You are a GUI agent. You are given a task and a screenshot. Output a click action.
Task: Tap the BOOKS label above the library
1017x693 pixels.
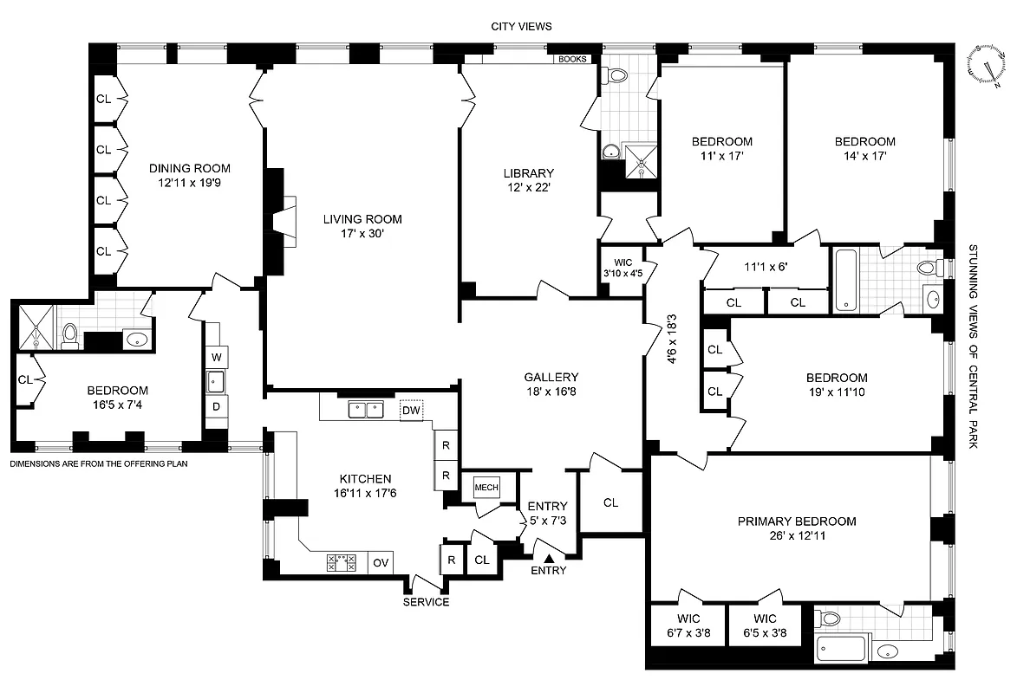coord(573,60)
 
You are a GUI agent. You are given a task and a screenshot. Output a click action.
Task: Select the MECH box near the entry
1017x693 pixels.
coord(486,488)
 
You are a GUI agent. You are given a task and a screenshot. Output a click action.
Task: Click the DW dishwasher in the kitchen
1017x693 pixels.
coord(411,410)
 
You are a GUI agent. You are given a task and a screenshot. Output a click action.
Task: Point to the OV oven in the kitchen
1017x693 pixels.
coord(381,563)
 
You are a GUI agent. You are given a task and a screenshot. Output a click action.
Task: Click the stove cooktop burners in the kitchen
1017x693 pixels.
coord(342,563)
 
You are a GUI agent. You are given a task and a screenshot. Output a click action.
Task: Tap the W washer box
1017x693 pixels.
coord(216,356)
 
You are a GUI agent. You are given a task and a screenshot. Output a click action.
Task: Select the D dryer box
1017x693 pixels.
coord(216,406)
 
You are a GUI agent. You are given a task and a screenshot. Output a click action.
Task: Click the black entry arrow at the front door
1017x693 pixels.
coord(548,556)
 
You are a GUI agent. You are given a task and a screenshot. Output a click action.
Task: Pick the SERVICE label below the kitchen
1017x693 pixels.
coord(427,602)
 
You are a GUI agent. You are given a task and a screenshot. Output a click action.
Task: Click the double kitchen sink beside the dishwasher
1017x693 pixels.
coord(365,410)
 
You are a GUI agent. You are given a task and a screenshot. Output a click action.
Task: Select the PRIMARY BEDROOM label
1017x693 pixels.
coord(796,521)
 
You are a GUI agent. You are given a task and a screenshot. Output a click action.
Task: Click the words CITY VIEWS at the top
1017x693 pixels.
coord(520,27)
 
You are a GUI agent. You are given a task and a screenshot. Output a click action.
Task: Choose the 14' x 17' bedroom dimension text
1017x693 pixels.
coord(864,156)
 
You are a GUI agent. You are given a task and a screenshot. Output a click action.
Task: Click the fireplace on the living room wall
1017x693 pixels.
coord(283,221)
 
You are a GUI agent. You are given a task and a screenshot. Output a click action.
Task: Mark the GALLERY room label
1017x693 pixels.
coord(551,377)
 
